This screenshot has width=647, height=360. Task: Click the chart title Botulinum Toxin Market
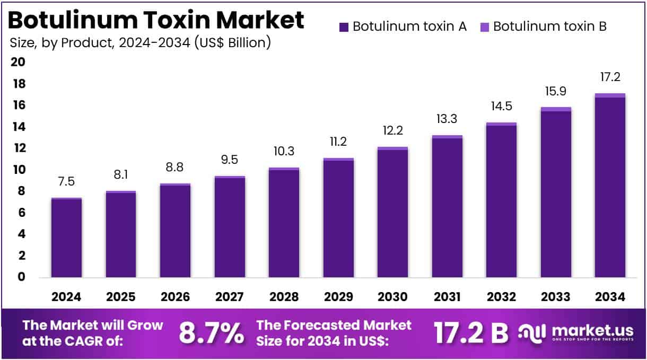156,20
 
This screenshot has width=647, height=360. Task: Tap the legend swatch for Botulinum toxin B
484,27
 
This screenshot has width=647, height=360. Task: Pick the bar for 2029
338,217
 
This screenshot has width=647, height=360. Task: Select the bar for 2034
610,186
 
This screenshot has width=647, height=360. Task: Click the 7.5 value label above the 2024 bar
66,182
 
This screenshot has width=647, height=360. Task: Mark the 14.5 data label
501,107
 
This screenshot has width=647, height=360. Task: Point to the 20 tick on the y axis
18,63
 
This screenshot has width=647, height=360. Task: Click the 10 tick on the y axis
18,170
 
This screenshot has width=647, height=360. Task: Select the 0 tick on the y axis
21,277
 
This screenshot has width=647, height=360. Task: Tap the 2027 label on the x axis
230,297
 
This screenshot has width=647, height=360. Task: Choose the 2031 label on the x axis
447,297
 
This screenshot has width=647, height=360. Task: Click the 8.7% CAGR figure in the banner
211,333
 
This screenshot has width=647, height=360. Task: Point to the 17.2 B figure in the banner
470,333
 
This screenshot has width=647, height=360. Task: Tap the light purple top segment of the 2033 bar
556,109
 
